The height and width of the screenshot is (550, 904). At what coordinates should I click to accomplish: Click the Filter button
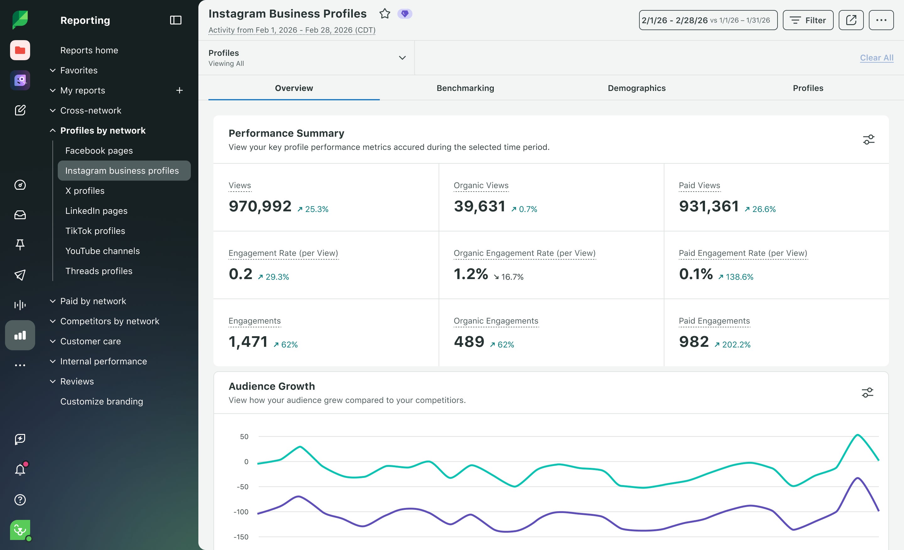pyautogui.click(x=808, y=20)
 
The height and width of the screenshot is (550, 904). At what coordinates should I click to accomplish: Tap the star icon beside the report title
pyautogui.click(x=385, y=13)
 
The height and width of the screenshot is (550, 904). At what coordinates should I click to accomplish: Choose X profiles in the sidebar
pyautogui.click(x=85, y=191)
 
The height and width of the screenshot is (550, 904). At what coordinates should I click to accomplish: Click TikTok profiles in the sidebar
pyautogui.click(x=95, y=231)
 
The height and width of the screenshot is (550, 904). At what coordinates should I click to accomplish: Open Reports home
pyautogui.click(x=89, y=50)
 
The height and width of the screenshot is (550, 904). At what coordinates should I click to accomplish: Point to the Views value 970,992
pyautogui.click(x=260, y=206)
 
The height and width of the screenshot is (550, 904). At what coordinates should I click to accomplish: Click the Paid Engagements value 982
pyautogui.click(x=694, y=341)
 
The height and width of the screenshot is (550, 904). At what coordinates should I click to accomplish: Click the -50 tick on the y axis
pyautogui.click(x=243, y=487)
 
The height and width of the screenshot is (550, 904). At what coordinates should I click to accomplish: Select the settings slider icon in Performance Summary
pyautogui.click(x=869, y=140)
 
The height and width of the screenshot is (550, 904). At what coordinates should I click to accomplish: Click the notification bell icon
pyautogui.click(x=20, y=469)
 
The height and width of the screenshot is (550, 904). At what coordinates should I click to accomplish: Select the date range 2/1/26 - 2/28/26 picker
pyautogui.click(x=708, y=20)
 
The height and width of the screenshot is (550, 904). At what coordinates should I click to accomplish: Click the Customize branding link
pyautogui.click(x=102, y=402)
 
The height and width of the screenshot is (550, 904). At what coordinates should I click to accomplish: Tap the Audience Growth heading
pyautogui.click(x=272, y=386)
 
